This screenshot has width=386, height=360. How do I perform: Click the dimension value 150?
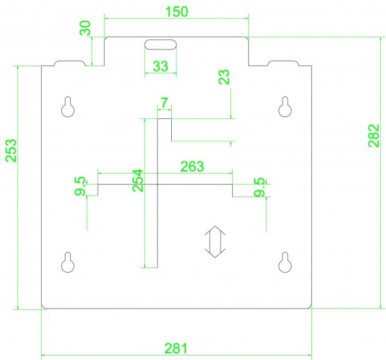click(x=177, y=12)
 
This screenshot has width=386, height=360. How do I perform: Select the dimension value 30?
click(x=86, y=28)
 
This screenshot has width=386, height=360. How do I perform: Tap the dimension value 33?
click(x=160, y=66)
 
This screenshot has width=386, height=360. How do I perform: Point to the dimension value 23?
click(x=224, y=77)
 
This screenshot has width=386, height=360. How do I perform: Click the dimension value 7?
click(x=165, y=103)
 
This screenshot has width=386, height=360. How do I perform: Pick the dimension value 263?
click(x=192, y=166)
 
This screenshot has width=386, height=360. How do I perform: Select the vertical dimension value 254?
click(x=138, y=181)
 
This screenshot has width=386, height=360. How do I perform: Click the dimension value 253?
click(x=11, y=150)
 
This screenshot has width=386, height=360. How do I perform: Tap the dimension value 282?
click(x=374, y=136)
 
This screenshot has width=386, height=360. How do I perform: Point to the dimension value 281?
click(x=176, y=348)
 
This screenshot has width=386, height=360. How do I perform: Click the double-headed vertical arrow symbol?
click(x=215, y=242)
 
